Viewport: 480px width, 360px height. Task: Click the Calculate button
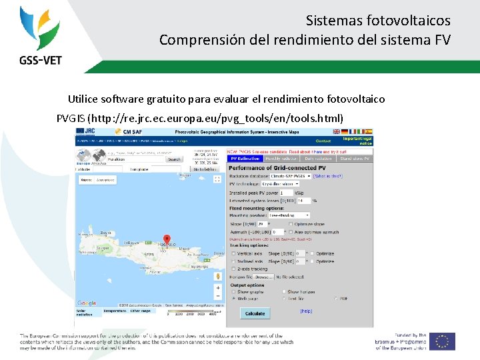click(x=255, y=313)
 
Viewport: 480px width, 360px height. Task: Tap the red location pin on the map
click(x=167, y=240)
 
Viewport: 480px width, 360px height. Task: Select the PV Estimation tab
click(x=243, y=159)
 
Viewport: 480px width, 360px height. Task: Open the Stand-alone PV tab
click(x=354, y=159)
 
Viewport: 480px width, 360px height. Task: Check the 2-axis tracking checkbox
click(x=233, y=269)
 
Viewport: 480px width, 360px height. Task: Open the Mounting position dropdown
click(x=289, y=215)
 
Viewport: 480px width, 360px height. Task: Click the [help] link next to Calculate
click(x=306, y=311)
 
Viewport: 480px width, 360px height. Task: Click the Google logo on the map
click(x=86, y=303)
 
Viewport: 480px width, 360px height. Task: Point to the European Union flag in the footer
click(x=442, y=341)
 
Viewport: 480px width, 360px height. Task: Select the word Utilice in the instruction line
click(x=83, y=99)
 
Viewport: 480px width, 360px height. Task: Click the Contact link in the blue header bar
click(x=323, y=141)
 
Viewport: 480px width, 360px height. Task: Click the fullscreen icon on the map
click(x=217, y=179)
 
